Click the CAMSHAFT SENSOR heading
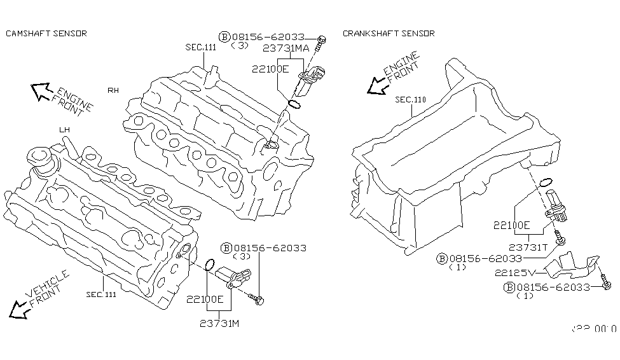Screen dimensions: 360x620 [x=46, y=33]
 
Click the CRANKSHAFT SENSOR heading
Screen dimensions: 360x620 [x=389, y=33]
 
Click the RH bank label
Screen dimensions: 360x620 [x=113, y=90]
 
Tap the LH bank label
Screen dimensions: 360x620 [x=64, y=130]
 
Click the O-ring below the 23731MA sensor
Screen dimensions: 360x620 [x=295, y=104]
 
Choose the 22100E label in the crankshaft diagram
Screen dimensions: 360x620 [x=511, y=225]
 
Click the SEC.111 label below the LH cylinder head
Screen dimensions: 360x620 [x=101, y=294]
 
